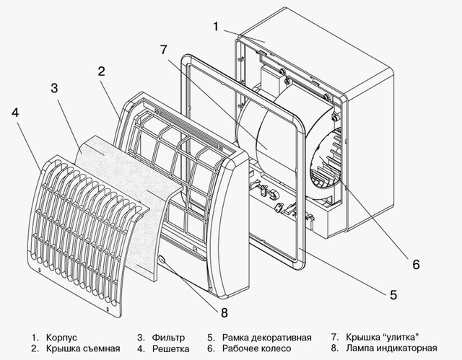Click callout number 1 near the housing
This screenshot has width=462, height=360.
click(215, 27)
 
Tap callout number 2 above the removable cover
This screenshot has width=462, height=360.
click(102, 71)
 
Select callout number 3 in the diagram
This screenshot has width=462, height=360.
click(54, 89)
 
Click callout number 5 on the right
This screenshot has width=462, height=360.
click(393, 294)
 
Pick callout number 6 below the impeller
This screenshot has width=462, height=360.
click(416, 263)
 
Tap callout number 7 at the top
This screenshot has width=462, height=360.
click(164, 49)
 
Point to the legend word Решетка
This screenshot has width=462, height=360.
click(172, 349)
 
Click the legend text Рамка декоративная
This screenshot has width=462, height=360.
click(268, 337)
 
